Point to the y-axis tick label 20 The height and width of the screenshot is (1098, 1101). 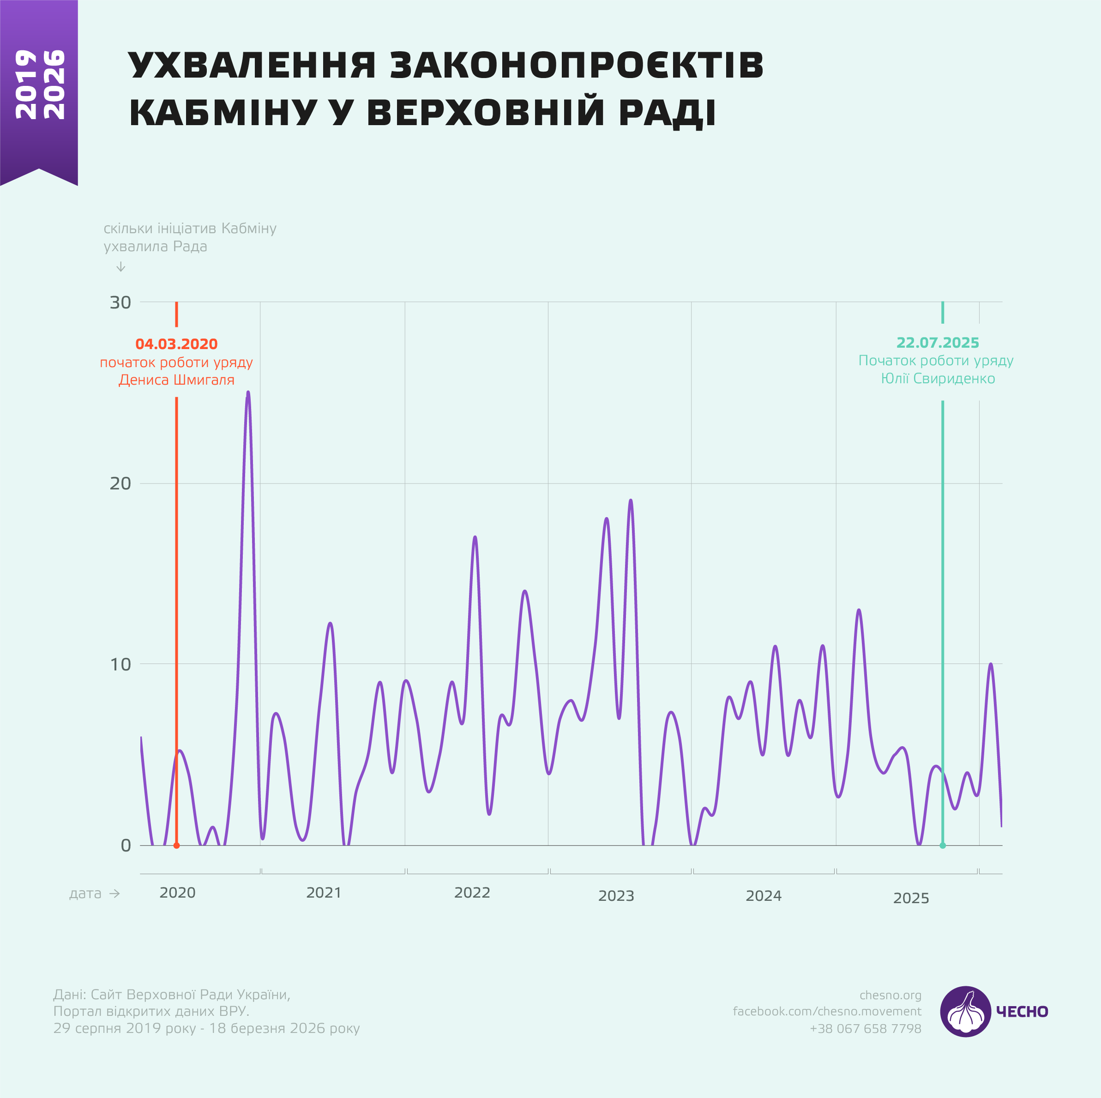tap(120, 483)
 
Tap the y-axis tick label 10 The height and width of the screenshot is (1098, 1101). tap(120, 664)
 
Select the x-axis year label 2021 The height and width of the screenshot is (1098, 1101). tap(324, 893)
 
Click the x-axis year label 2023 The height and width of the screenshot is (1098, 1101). tap(616, 896)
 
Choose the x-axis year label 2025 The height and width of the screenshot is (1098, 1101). tap(911, 899)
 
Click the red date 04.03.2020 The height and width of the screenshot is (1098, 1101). tap(177, 344)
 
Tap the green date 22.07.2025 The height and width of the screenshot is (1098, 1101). tap(938, 343)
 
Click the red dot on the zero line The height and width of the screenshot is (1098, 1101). tap(177, 845)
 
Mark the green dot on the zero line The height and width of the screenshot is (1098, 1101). tap(943, 845)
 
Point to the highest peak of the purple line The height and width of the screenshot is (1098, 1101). tap(248, 393)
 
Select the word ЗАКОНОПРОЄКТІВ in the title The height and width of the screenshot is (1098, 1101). tap(576, 65)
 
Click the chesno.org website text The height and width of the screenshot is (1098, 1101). tap(890, 995)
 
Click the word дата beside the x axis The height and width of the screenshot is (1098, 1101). tap(85, 893)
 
